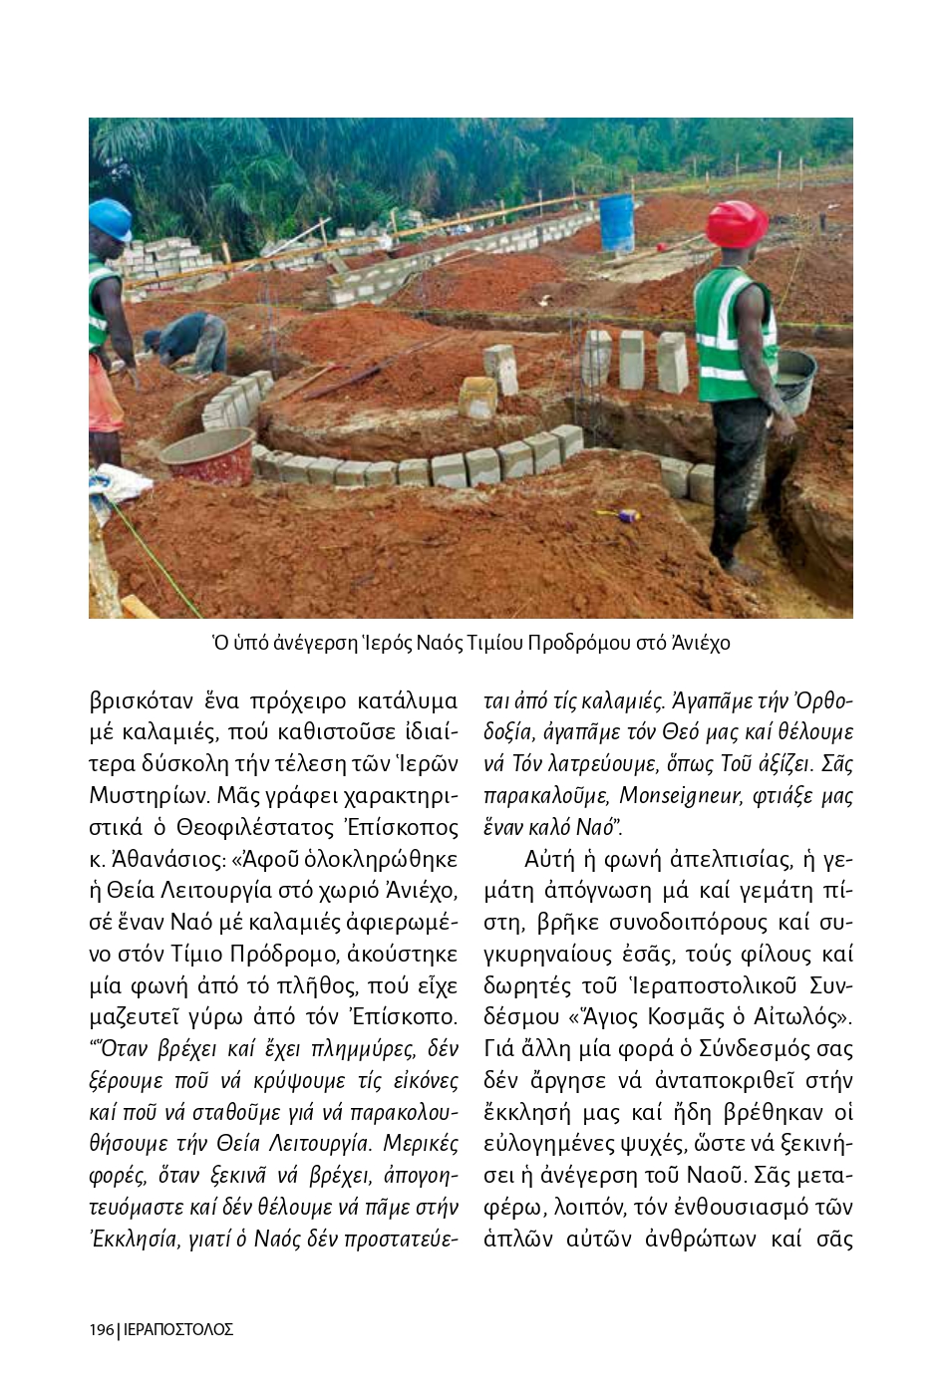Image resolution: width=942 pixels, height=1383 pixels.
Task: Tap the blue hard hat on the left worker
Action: pyautogui.click(x=109, y=218)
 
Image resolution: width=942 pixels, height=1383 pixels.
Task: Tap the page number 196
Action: pyautogui.click(x=101, y=1330)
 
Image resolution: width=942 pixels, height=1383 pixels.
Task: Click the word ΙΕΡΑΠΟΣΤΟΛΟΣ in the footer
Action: pyautogui.click(x=177, y=1330)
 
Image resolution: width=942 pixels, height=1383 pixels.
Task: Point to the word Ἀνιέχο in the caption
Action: pyautogui.click(x=700, y=643)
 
